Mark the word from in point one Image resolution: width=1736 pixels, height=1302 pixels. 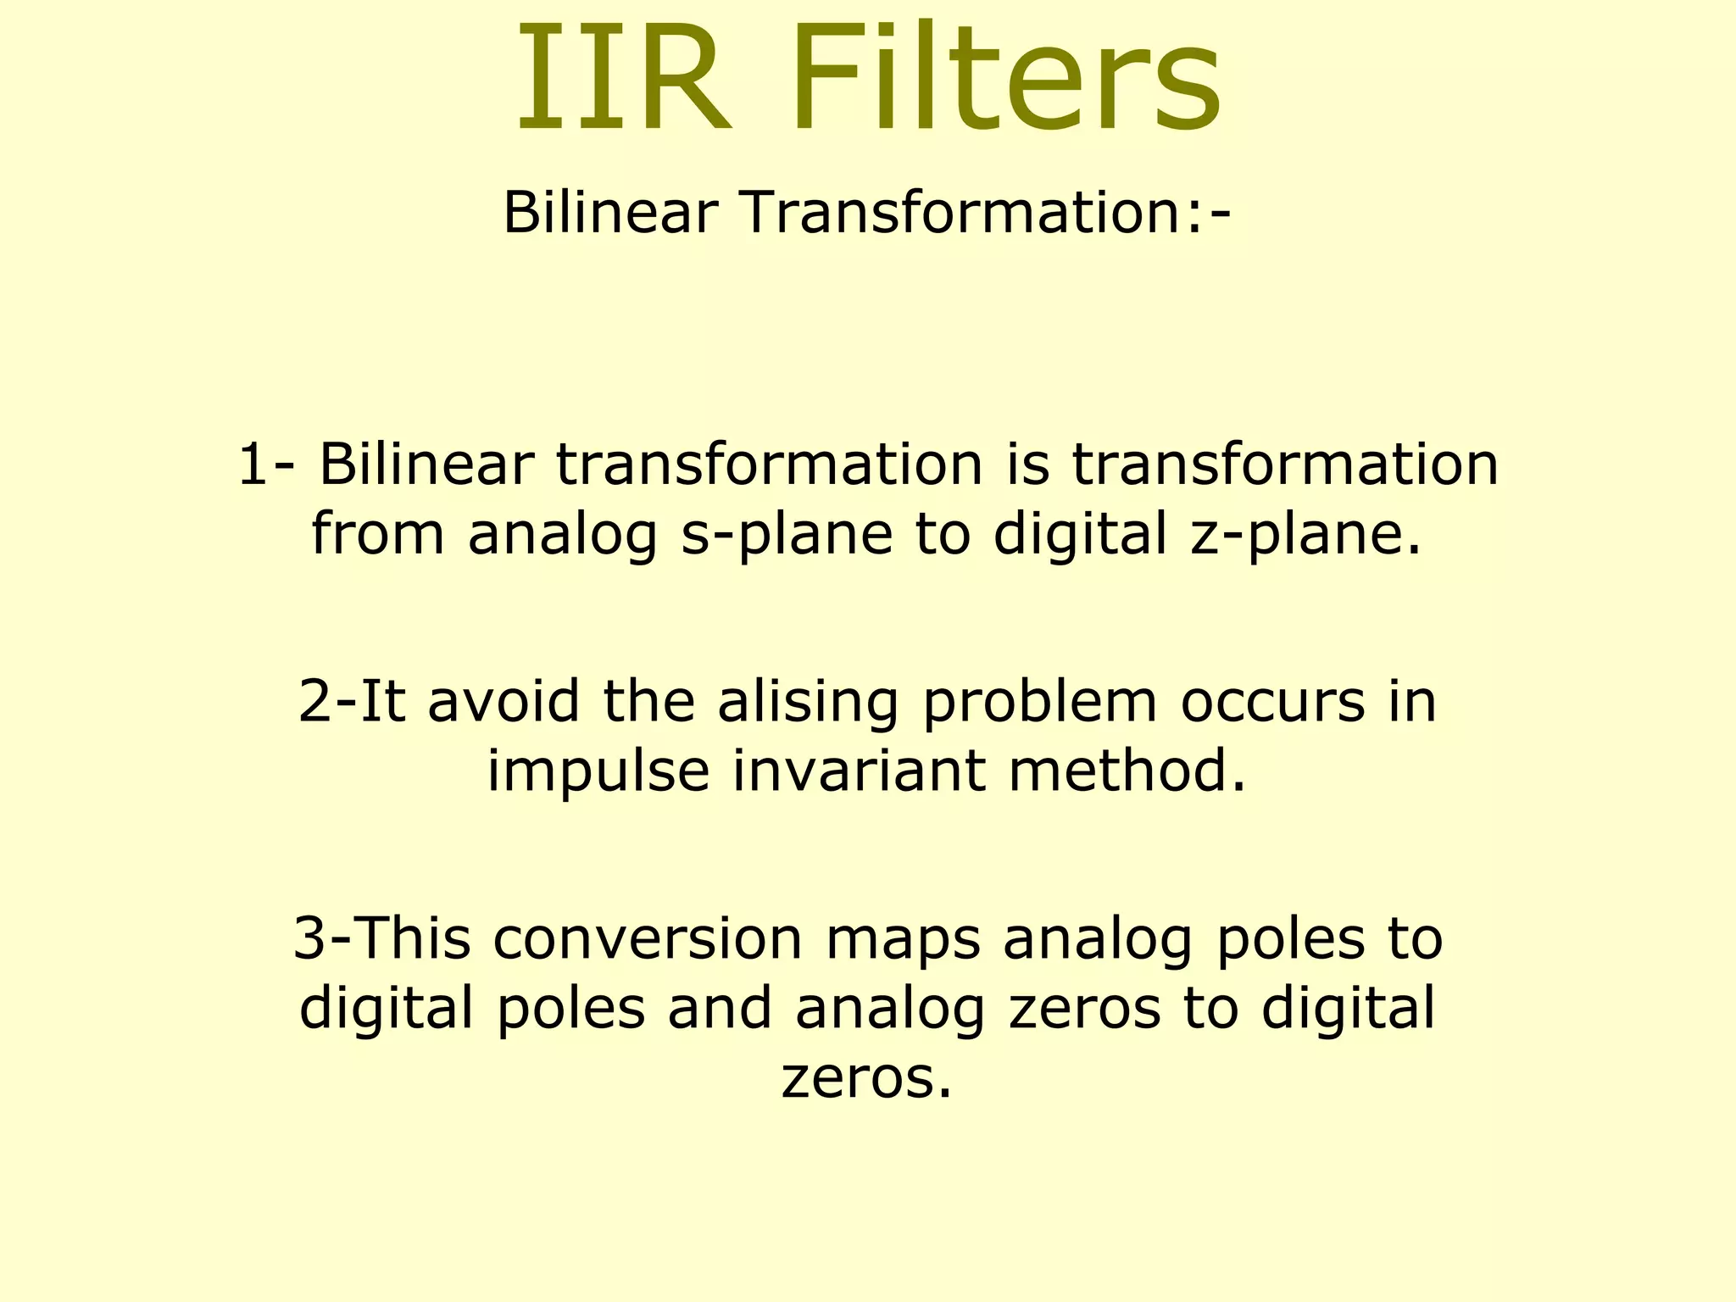pyautogui.click(x=378, y=534)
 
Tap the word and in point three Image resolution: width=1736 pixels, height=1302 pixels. pyautogui.click(x=720, y=1009)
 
